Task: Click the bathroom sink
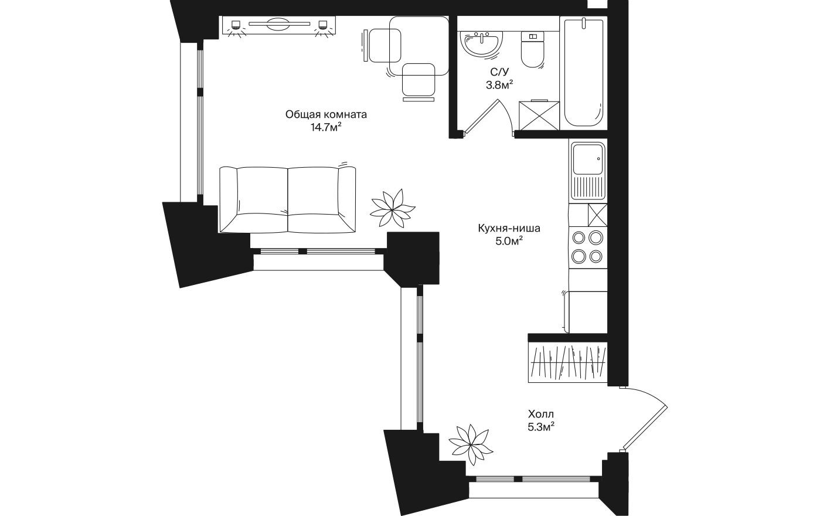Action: (x=482, y=45)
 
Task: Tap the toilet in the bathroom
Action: (x=533, y=52)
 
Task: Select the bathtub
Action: (x=583, y=73)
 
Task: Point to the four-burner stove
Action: (x=587, y=247)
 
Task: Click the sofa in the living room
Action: (x=287, y=199)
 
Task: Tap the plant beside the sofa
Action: (x=392, y=208)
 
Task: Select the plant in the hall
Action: (x=471, y=442)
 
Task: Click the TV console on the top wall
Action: (x=278, y=26)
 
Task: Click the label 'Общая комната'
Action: (x=326, y=114)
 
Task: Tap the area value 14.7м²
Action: (x=326, y=127)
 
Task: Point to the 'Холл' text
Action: (x=540, y=414)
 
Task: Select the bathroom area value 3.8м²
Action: (x=499, y=86)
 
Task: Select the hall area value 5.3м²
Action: (x=540, y=427)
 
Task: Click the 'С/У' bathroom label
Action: (x=499, y=73)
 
